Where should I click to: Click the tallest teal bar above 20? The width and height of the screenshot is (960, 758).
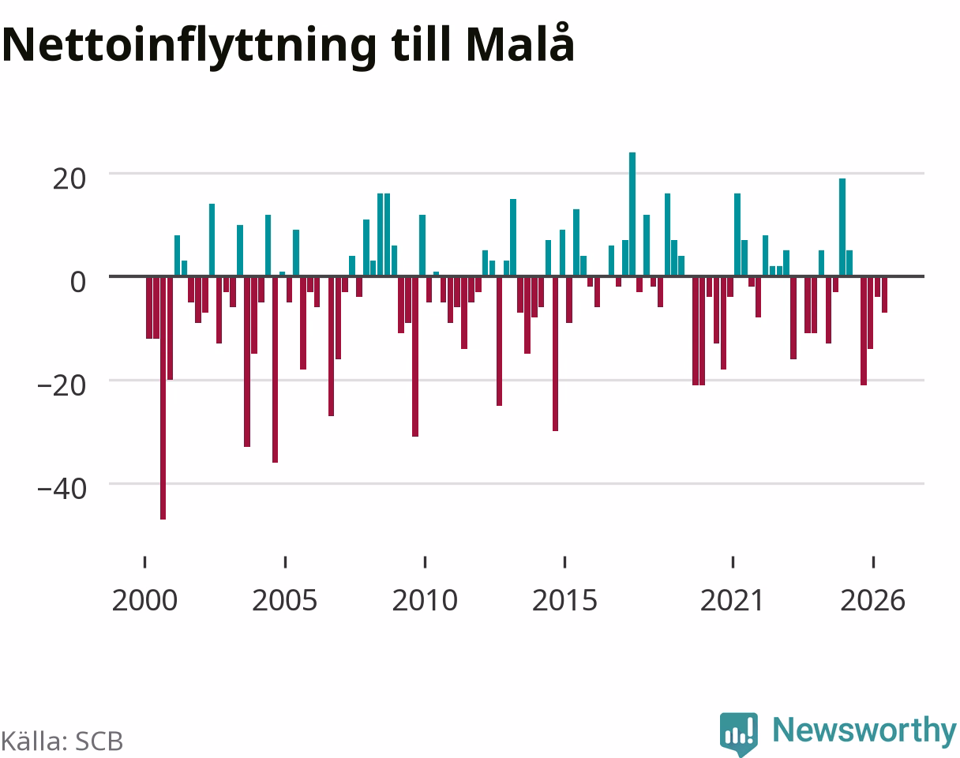pyautogui.click(x=632, y=214)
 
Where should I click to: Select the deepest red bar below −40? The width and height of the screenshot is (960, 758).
pyautogui.click(x=163, y=398)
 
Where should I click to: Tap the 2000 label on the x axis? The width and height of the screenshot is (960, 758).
pyautogui.click(x=144, y=601)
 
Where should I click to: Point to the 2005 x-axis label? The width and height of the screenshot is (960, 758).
pyautogui.click(x=285, y=601)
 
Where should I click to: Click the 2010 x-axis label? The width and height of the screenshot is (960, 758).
pyautogui.click(x=425, y=601)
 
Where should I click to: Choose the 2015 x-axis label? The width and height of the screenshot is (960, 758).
pyautogui.click(x=564, y=601)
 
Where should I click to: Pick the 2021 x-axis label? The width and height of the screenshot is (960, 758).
pyautogui.click(x=733, y=601)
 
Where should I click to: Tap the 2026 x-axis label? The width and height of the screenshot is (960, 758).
pyautogui.click(x=873, y=601)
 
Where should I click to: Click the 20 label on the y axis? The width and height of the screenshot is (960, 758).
pyautogui.click(x=69, y=179)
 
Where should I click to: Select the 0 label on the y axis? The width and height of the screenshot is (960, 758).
pyautogui.click(x=78, y=283)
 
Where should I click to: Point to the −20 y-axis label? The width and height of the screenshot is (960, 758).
pyautogui.click(x=62, y=386)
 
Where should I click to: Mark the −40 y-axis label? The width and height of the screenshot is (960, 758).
pyautogui.click(x=62, y=490)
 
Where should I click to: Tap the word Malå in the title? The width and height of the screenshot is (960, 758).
pyautogui.click(x=520, y=42)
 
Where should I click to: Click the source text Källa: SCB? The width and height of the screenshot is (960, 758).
pyautogui.click(x=62, y=741)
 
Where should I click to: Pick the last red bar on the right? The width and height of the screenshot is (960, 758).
pyautogui.click(x=884, y=295)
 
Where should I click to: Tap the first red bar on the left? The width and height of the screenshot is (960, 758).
pyautogui.click(x=149, y=307)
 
